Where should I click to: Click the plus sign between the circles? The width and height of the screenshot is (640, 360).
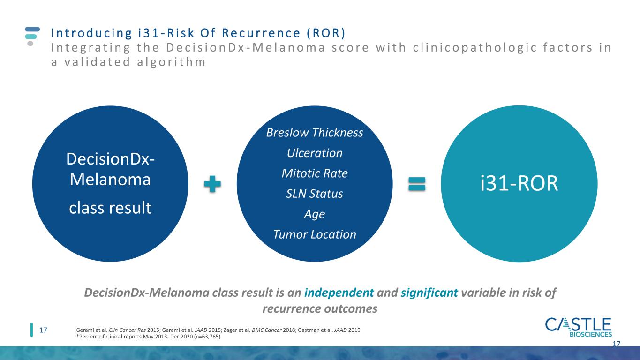tap(212, 184)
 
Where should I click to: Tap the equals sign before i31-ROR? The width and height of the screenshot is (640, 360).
tap(417, 184)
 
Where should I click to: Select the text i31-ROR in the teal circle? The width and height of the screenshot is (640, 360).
tap(519, 183)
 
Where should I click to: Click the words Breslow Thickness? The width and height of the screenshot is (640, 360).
tap(315, 133)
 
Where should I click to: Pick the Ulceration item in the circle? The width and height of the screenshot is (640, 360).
tap(315, 153)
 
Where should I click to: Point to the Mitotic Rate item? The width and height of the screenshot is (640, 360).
tap(315, 173)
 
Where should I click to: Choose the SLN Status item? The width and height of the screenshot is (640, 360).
tap(315, 194)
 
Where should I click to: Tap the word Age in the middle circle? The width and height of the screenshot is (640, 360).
tap(315, 214)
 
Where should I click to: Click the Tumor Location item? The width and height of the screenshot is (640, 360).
tap(315, 234)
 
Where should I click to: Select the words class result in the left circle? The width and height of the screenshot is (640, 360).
tap(110, 208)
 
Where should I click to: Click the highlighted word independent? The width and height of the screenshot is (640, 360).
tap(339, 292)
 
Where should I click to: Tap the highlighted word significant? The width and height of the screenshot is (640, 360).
tap(429, 292)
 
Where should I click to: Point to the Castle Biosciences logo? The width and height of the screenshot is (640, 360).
tap(579, 327)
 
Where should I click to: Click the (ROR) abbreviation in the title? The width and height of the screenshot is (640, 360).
tap(326, 33)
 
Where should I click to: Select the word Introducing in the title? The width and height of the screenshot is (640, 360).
tap(91, 33)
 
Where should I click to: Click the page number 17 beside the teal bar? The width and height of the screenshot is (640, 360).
tap(43, 330)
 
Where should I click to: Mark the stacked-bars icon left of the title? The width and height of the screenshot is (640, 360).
tap(32, 36)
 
